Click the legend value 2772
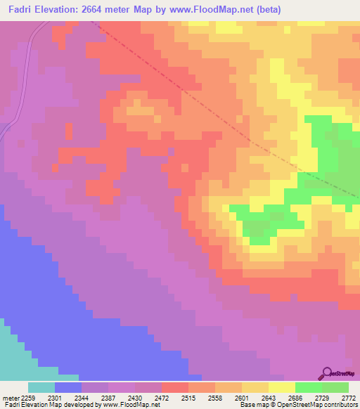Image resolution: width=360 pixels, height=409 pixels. [349, 398]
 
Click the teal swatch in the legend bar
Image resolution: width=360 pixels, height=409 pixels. [41, 387]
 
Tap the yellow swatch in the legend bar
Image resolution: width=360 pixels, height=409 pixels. [281, 387]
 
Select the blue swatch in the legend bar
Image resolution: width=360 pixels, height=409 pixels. [68, 387]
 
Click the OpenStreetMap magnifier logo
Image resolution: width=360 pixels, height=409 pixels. [328, 373]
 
